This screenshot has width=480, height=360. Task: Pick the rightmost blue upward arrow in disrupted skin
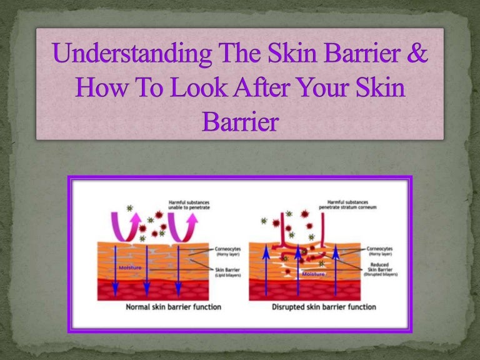click(335, 269)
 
